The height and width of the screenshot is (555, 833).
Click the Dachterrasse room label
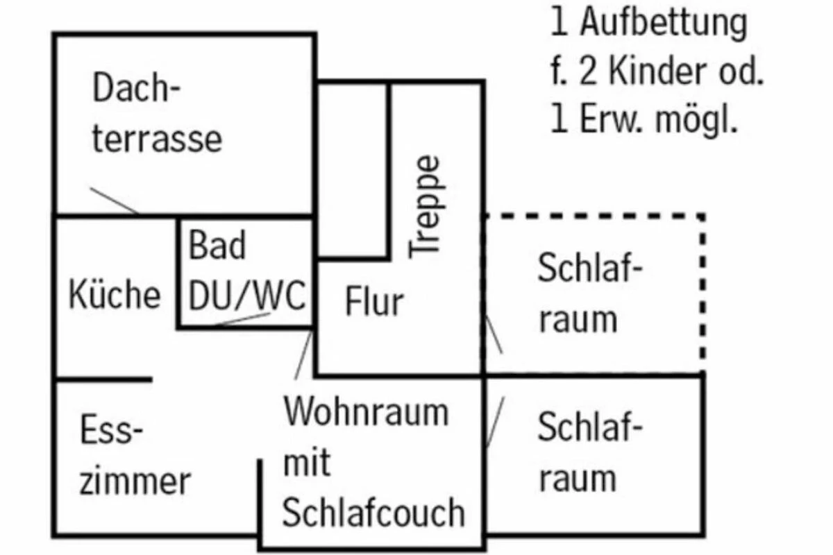click(157, 114)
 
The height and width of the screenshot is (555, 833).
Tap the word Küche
click(115, 295)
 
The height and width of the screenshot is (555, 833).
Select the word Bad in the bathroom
click(217, 246)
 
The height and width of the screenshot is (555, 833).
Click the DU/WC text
click(247, 296)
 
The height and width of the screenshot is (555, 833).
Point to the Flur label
click(373, 302)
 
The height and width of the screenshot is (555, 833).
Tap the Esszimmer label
click(134, 456)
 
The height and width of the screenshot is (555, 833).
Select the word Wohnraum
click(367, 412)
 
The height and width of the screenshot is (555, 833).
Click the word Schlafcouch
click(373, 513)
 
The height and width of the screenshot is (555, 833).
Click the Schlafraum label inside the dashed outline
click(587, 294)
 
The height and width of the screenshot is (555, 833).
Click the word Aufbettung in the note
click(664, 23)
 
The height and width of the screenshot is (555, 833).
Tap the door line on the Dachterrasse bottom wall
click(114, 200)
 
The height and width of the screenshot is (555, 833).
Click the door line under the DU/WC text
click(241, 319)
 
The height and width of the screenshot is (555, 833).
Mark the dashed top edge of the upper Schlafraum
click(594, 216)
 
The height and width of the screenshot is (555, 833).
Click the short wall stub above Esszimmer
click(103, 379)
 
